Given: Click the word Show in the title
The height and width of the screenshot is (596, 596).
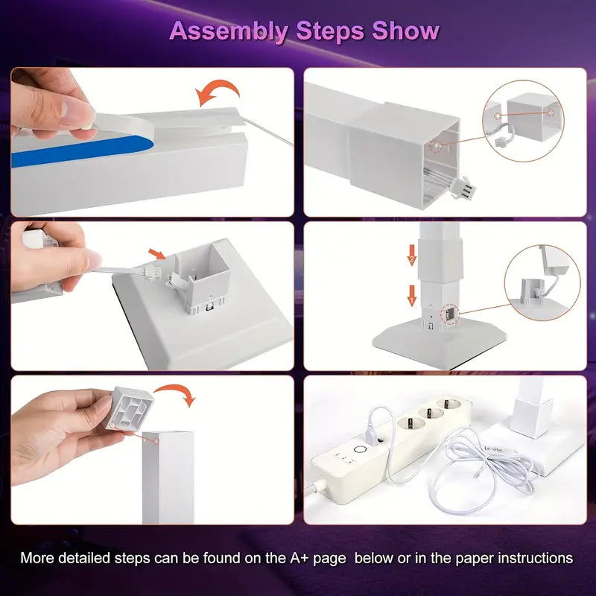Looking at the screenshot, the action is (405, 31).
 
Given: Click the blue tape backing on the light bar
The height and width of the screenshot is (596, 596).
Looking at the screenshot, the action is (82, 151).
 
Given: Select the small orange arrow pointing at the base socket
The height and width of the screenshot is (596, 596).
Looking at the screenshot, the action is (157, 253).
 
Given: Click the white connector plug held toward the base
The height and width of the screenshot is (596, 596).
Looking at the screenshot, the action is (151, 272).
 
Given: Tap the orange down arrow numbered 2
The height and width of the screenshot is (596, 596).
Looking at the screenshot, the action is (412, 255).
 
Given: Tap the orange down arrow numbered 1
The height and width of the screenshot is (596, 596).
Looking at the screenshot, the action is (412, 296).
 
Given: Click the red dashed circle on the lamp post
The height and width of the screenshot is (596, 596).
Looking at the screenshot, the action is (450, 314).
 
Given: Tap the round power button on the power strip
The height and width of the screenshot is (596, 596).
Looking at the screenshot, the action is (359, 450).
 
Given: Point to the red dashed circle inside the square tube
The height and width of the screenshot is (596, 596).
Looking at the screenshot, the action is (436, 145).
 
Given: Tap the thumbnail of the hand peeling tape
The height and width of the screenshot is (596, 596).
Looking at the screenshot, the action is (153, 142).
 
